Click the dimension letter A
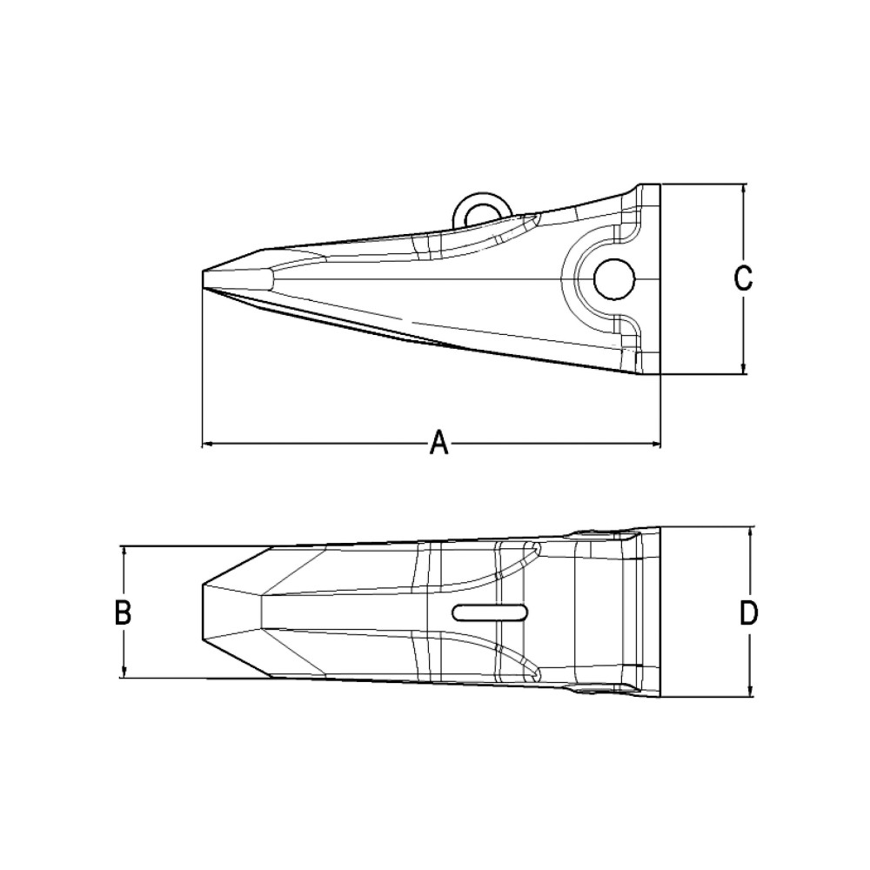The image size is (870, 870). click(439, 444)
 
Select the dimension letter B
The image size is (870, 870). click(123, 612)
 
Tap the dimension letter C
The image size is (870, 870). click(742, 278)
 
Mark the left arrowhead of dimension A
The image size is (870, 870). click(207, 445)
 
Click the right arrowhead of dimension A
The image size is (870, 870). click(655, 445)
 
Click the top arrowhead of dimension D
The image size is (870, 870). click(750, 532)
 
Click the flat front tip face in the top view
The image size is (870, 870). click(204, 612)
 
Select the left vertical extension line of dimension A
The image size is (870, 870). click(202, 365)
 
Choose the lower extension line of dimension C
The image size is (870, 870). click(705, 374)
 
